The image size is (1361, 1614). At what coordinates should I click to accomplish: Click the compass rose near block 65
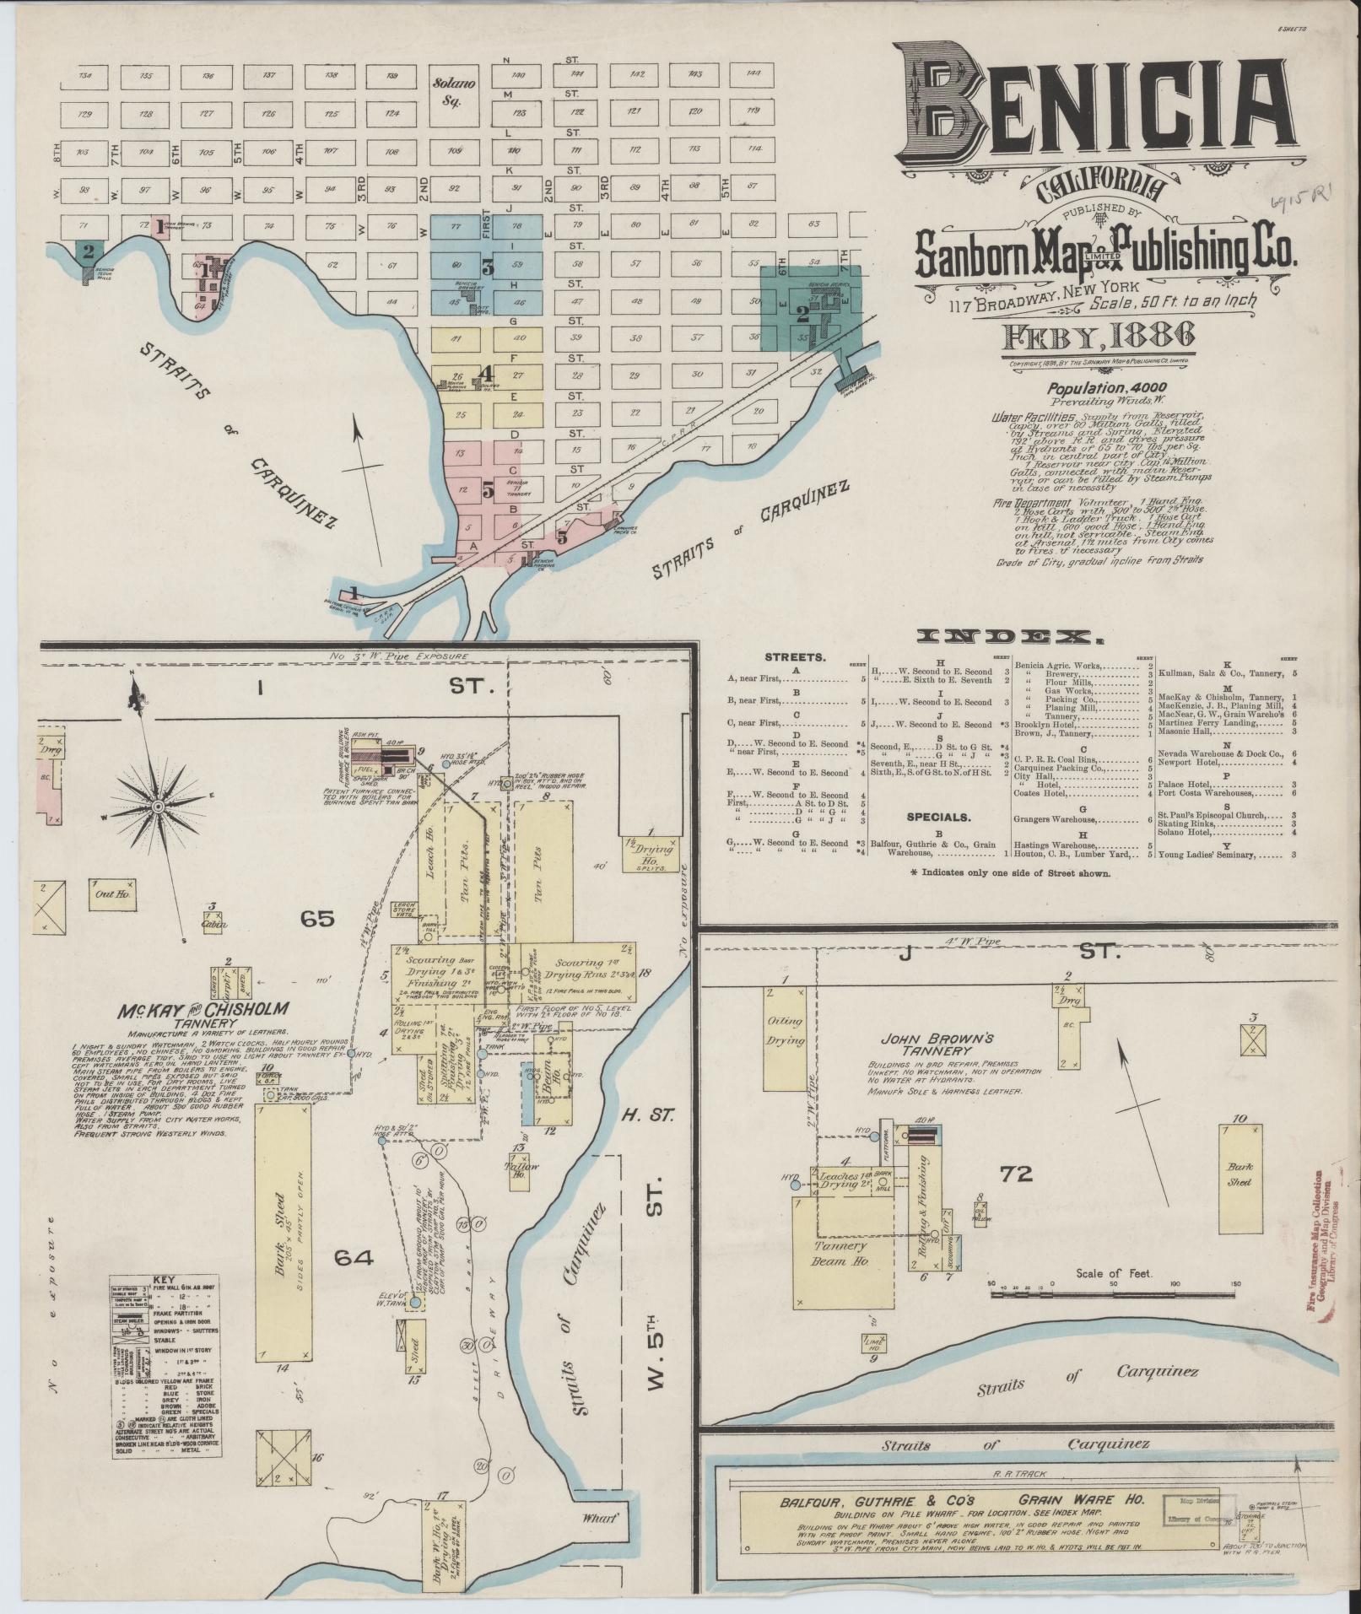point(158,807)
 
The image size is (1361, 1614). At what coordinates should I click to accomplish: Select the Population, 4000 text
point(1098,388)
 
